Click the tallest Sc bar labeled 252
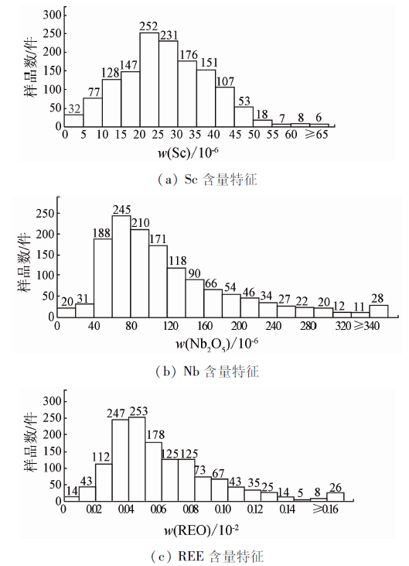tap(149, 80)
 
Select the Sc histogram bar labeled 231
tap(169, 84)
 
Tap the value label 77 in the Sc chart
tap(94, 92)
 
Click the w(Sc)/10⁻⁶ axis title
tap(188, 153)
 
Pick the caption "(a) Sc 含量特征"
tap(208, 180)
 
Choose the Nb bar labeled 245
tap(121, 266)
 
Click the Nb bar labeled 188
tap(103, 278)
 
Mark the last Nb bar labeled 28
tap(379, 311)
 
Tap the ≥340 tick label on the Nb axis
tap(366, 326)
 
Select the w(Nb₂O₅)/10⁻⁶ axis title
tap(217, 344)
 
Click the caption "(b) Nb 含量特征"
tap(207, 371)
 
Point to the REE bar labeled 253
tap(137, 459)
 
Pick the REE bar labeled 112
tap(104, 482)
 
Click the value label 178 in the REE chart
tap(155, 434)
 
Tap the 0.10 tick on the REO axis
tap(223, 509)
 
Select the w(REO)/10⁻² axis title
tap(202, 530)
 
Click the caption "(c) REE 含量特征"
tap(207, 556)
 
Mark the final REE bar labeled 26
tap(335, 496)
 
